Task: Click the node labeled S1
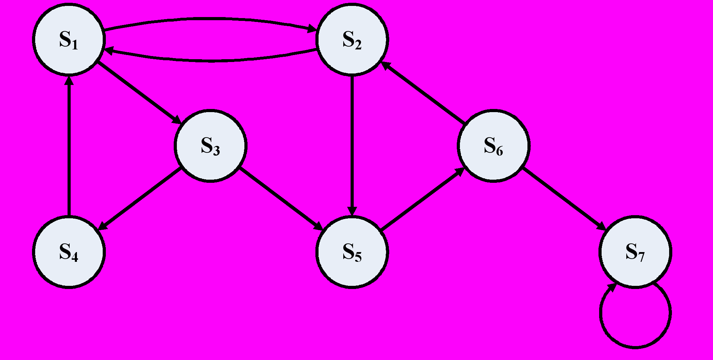pos(69,39)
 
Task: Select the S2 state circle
pos(352,39)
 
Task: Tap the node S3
pos(211,146)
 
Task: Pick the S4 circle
pos(69,252)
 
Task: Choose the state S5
pos(352,252)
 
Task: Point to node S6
pos(494,146)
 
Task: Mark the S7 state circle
pos(635,252)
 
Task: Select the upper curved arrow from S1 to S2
pos(211,18)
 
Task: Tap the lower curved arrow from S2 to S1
pos(211,61)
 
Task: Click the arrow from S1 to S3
pos(139,93)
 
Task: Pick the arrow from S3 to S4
pos(139,199)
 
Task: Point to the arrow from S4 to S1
pos(69,146)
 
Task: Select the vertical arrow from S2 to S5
pos(352,146)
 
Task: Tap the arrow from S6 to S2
pos(423,93)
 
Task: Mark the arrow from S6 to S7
pos(565,199)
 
